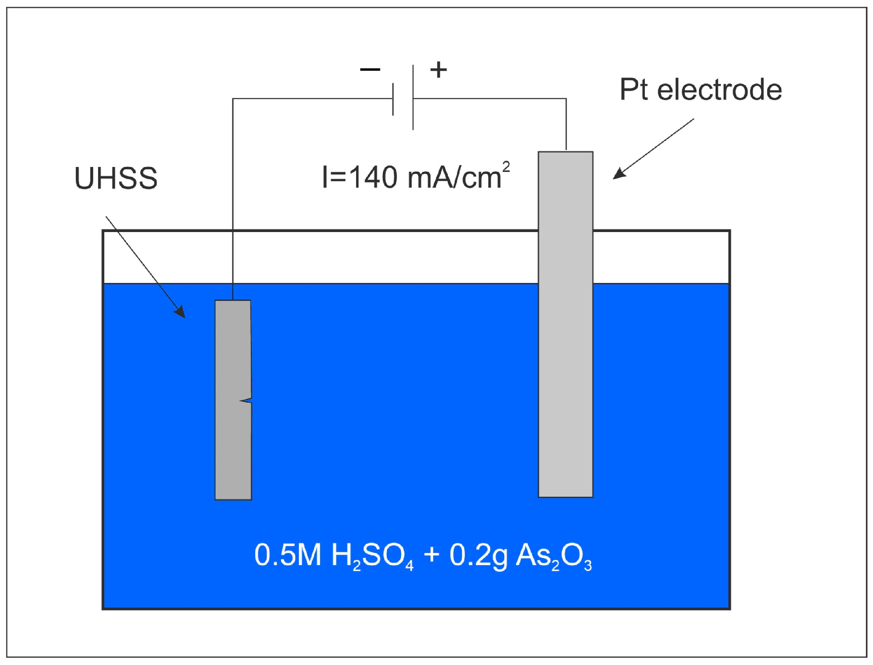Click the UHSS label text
[x=116, y=178]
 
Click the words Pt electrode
[x=701, y=90]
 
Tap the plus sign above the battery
[x=439, y=70]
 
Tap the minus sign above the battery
[x=370, y=70]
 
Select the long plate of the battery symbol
[x=413, y=97]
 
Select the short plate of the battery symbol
[x=393, y=99]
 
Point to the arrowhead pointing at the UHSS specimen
[x=180, y=312]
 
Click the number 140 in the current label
[x=372, y=177]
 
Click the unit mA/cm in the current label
[x=454, y=178]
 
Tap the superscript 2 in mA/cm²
[x=506, y=167]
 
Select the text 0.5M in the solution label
[x=288, y=555]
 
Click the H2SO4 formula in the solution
[x=372, y=556]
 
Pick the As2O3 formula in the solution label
[x=554, y=556]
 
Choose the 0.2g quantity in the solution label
[x=478, y=556]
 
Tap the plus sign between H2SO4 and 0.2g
[x=431, y=554]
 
